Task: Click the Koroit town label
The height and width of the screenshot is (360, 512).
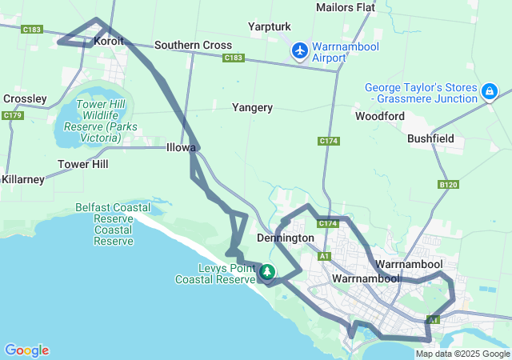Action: pos(110,40)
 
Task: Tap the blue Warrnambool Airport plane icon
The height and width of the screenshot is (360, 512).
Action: pos(300,51)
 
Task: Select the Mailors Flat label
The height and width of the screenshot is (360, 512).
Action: pos(346,8)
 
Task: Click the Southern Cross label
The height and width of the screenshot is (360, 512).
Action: pos(193,46)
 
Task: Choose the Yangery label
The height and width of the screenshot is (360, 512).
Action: pos(252,107)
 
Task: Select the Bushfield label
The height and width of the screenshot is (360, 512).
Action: pos(430,138)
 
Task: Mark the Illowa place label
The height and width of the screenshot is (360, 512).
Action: pos(181,148)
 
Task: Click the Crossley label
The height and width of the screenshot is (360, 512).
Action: pos(25,99)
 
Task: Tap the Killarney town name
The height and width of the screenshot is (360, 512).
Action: pos(23,179)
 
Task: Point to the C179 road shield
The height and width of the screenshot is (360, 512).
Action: pos(12,116)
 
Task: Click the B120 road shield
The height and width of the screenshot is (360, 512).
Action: pos(449,185)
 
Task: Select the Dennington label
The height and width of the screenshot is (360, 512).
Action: pos(285,238)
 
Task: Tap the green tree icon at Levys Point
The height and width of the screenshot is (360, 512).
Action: pos(266,273)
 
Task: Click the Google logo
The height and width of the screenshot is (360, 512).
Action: pos(27,350)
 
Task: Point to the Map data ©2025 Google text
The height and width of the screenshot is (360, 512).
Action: pos(462,354)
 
